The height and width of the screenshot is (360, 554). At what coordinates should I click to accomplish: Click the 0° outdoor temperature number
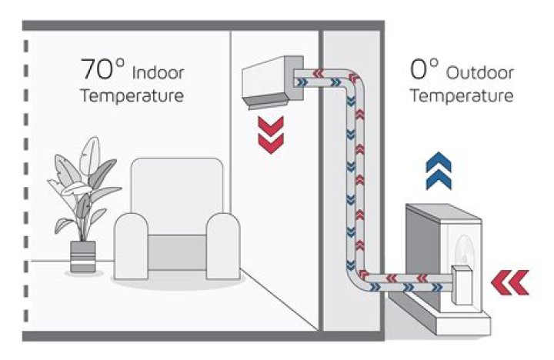tap(424, 72)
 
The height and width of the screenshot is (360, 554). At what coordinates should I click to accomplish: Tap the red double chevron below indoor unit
tap(270, 132)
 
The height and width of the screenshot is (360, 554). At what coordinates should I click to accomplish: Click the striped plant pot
tap(82, 257)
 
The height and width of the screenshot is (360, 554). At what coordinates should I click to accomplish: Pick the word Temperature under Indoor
tap(132, 97)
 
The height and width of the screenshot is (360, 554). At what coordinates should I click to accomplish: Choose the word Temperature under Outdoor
tap(461, 97)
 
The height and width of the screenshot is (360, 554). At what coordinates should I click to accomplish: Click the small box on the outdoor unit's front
tap(464, 284)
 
